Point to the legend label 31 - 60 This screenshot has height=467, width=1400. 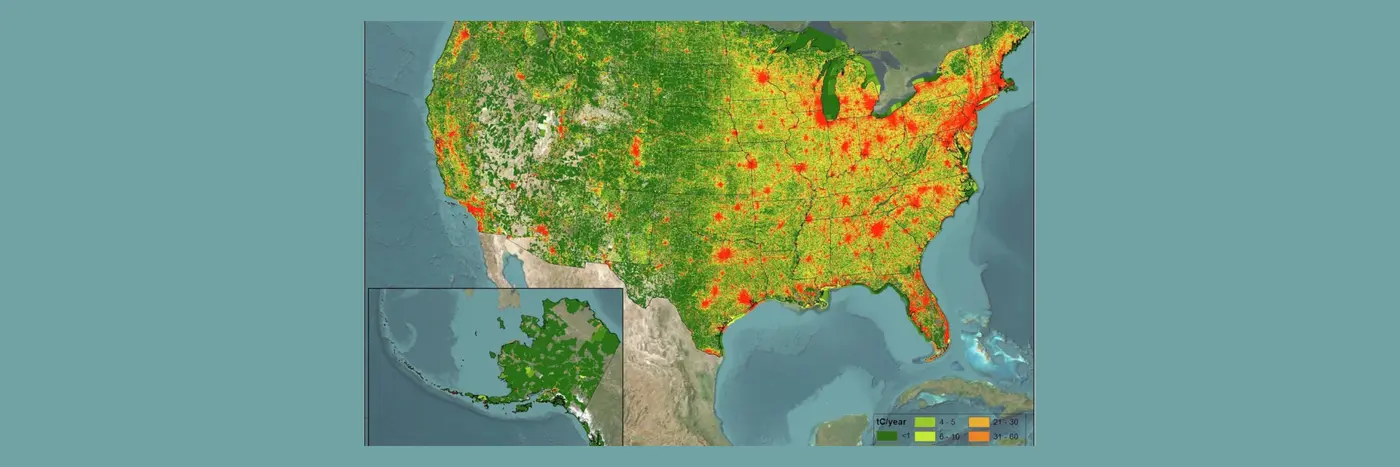tap(1006, 436)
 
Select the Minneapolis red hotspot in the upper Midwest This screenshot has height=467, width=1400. tap(761, 77)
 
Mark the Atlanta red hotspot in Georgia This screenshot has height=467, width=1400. tap(879, 230)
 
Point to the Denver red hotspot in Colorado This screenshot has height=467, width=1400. tap(636, 151)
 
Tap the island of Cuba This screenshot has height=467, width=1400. tap(960, 395)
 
